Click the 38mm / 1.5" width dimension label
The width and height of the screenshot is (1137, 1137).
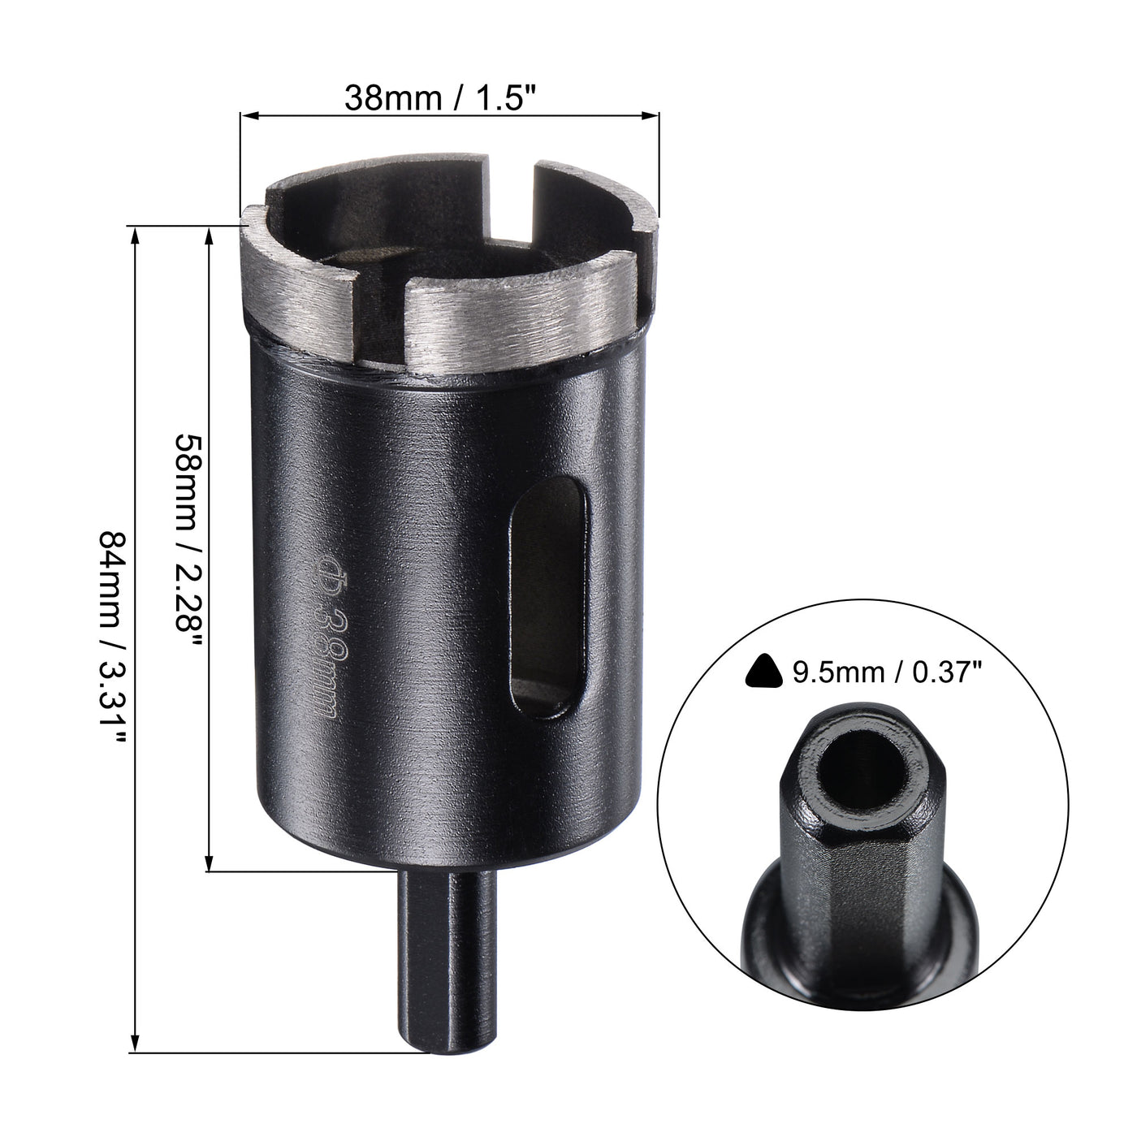442,98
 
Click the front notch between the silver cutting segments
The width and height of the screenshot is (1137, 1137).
382,325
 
